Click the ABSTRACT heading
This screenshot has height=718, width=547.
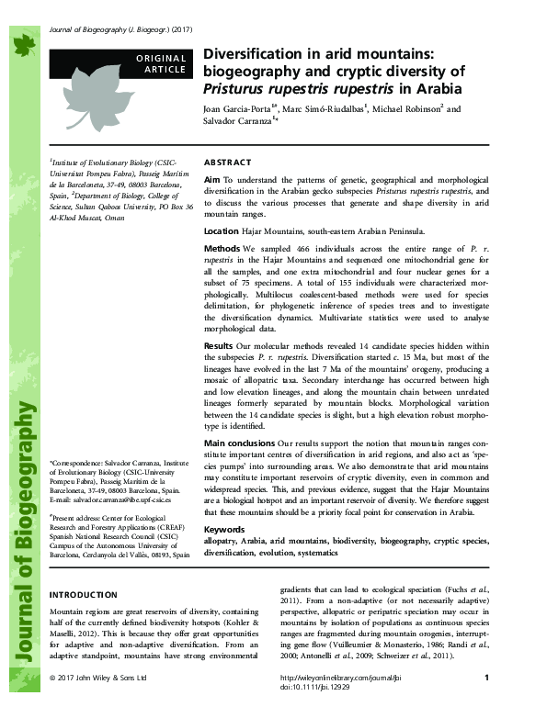point(226,160)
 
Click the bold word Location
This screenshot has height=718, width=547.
point(221,231)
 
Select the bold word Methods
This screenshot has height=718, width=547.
point(222,249)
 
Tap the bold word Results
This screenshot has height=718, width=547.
point(220,344)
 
